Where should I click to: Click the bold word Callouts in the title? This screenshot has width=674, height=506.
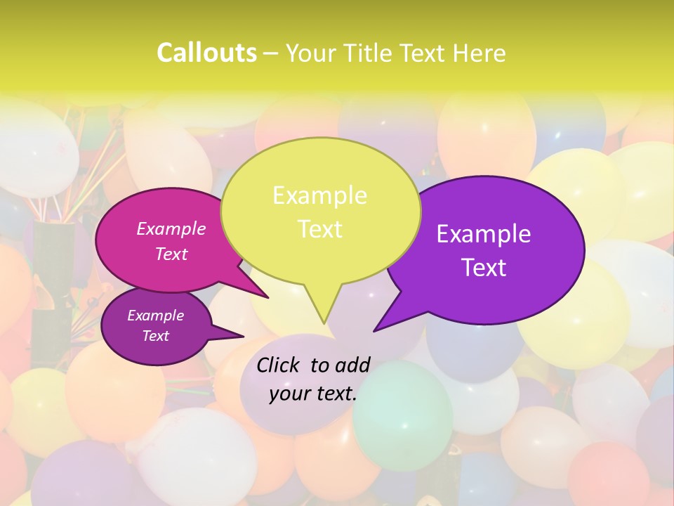[206, 53]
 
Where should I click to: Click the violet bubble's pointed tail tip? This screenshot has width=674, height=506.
[374, 330]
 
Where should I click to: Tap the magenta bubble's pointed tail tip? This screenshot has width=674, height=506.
[268, 298]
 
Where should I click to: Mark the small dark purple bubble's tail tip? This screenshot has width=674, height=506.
[244, 337]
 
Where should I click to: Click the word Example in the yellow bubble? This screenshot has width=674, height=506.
[319, 195]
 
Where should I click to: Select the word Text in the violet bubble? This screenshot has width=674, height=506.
[484, 268]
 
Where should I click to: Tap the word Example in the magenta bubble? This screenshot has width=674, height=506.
[171, 228]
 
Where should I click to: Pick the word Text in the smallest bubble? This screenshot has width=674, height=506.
[156, 336]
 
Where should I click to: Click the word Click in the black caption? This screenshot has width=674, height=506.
[279, 365]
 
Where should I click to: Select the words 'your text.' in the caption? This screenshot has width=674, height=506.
[313, 394]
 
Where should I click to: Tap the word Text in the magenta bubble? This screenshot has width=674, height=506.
[171, 254]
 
